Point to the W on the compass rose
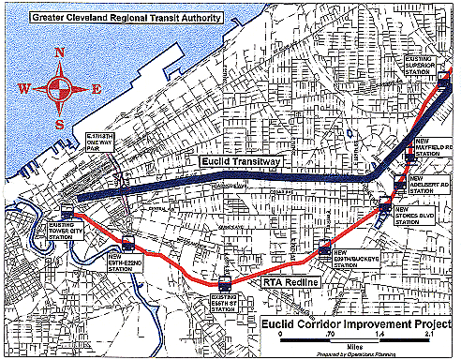(25, 90)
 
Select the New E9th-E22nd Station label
(125, 262)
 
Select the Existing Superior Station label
(419, 65)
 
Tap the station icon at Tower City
(67, 213)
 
